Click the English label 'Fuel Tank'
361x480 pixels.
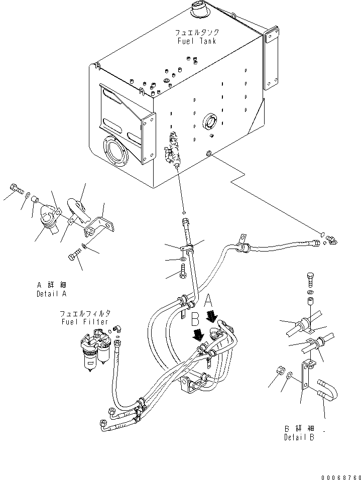tap(197, 41)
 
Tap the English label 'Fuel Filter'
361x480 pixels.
tap(84, 322)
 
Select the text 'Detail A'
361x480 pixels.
tap(51, 294)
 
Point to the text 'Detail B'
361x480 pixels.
tap(299, 437)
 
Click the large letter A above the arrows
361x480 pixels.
tap(208, 300)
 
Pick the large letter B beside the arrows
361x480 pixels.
tap(195, 319)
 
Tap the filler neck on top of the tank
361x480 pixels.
tap(199, 10)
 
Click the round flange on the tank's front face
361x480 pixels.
tap(116, 152)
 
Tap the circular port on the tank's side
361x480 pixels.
tap(210, 122)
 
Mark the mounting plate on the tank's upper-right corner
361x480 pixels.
tap(271, 59)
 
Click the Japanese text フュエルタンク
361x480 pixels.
tap(197, 33)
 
